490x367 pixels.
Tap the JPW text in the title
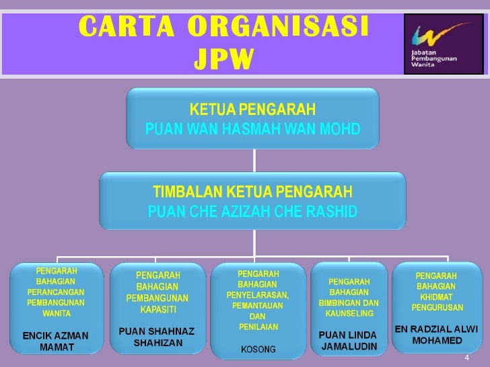click(x=223, y=60)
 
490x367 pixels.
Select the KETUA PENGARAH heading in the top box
click(x=252, y=110)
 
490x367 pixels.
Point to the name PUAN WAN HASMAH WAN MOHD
click(x=252, y=128)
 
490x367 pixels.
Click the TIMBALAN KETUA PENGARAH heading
click(x=252, y=192)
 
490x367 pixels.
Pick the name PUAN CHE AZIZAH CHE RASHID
click(x=252, y=212)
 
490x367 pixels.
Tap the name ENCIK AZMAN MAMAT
click(x=56, y=341)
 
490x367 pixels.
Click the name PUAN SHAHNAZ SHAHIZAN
click(x=156, y=337)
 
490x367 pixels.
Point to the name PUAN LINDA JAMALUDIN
click(x=348, y=340)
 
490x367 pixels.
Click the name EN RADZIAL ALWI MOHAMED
click(x=436, y=334)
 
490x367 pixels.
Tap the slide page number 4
click(x=466, y=358)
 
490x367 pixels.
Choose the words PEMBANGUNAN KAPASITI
click(x=157, y=303)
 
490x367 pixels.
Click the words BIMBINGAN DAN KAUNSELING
click(x=349, y=308)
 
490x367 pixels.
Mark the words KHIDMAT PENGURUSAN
click(x=437, y=302)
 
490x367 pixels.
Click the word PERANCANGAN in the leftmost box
click(x=56, y=292)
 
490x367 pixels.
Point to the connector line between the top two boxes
click(x=254, y=161)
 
